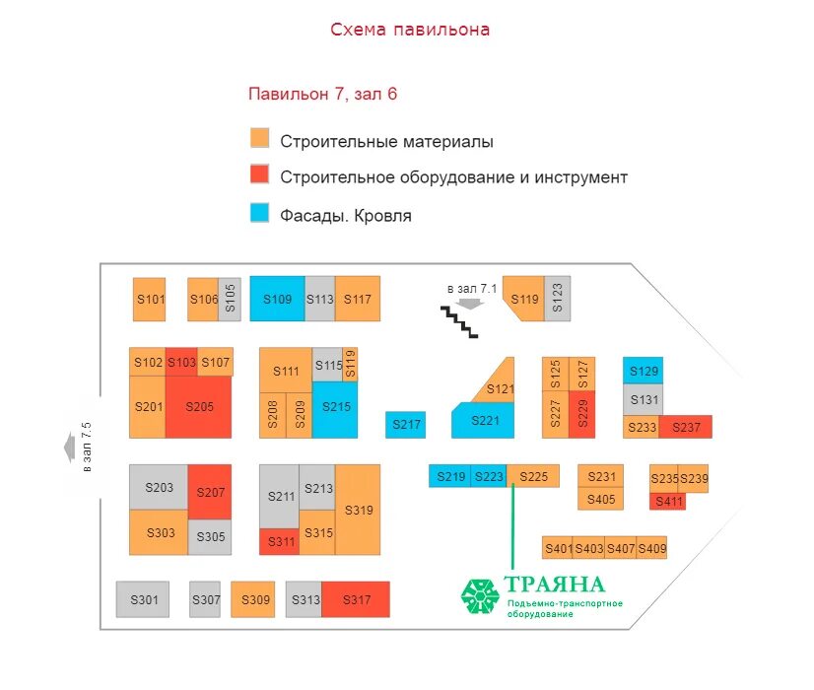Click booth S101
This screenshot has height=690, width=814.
pos(150,299)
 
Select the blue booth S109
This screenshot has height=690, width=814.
pos(277,299)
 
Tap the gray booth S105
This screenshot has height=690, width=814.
pos(229,299)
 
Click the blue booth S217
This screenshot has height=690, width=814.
pos(405,425)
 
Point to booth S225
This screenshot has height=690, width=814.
pos(533,476)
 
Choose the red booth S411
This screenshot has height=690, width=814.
pos(667,502)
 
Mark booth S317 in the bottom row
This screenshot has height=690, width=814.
pos(355,599)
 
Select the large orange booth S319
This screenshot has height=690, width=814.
pos(358,511)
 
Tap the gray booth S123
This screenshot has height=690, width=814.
pos(557,299)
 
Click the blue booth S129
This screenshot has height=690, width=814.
pos(643,371)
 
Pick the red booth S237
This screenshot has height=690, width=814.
pos(686,427)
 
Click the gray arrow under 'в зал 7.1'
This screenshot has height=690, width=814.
pos(470,304)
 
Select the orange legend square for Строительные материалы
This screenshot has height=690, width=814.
pos(259,139)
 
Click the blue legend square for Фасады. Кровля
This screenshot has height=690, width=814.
pos(259,213)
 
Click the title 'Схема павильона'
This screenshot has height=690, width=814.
pos(410,30)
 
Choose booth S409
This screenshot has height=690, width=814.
pos(652,548)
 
